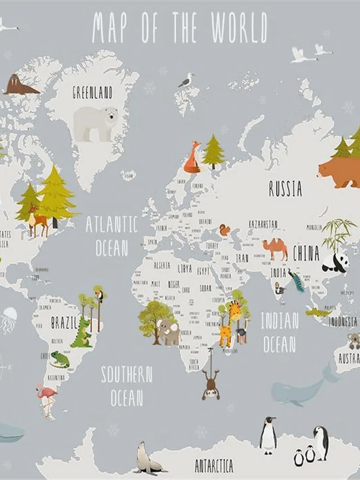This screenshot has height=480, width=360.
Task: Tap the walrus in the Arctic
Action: click(x=21, y=85)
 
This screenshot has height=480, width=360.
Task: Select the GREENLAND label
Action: click(x=93, y=93)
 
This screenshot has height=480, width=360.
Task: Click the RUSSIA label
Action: click(x=285, y=189)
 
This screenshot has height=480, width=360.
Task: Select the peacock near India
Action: click(x=297, y=280)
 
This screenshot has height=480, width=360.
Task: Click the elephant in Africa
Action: click(x=167, y=332)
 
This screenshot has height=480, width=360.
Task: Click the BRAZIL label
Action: click(x=66, y=323)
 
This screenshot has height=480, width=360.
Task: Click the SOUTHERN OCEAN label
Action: click(x=126, y=385)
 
